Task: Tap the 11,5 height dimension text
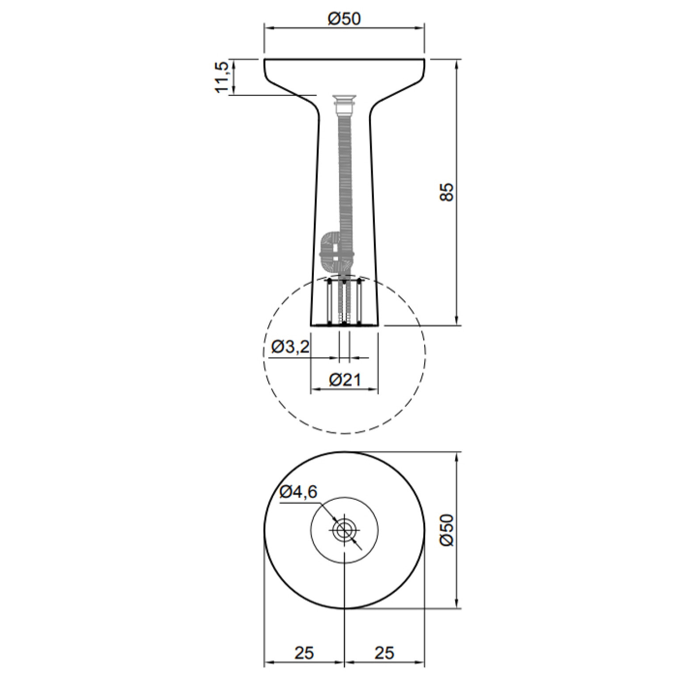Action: point(222,77)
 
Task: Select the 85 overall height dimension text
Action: point(447,192)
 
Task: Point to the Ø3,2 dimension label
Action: point(290,347)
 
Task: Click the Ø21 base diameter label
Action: point(345,380)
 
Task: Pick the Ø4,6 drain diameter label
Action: point(298,491)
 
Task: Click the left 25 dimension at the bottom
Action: point(304,652)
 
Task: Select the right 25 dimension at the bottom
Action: point(384,652)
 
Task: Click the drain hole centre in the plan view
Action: point(344,529)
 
